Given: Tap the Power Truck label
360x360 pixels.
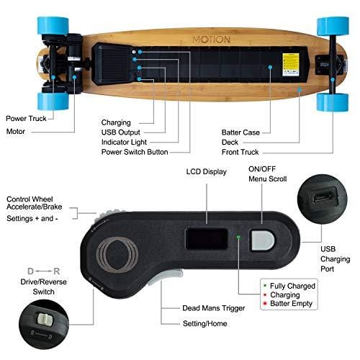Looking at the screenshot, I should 27,118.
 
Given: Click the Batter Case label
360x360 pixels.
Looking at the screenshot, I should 240,132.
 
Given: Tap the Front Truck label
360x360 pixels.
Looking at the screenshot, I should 240,152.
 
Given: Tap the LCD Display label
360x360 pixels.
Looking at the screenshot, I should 205,172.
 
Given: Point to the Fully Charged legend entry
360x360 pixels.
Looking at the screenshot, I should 290,286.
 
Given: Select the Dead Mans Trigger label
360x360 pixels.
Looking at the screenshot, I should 213,308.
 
